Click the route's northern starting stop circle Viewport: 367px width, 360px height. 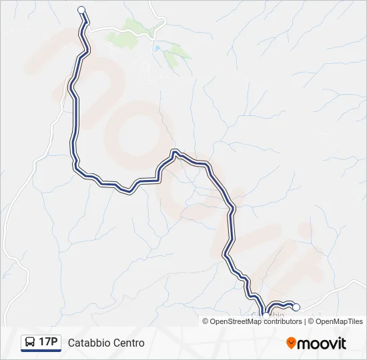[81, 9]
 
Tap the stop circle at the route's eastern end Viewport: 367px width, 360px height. [296, 307]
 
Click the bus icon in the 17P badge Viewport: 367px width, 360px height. [30, 343]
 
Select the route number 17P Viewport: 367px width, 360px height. [48, 343]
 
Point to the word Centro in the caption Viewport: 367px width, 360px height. [128, 343]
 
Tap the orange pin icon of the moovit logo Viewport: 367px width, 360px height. [291, 343]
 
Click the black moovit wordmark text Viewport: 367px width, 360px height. [322, 343]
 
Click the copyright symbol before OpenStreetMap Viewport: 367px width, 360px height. [206, 321]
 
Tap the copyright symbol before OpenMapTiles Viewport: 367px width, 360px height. [311, 321]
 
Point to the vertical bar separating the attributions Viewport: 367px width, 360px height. [305, 321]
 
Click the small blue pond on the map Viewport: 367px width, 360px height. [156, 49]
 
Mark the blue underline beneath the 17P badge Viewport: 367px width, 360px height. [41, 351]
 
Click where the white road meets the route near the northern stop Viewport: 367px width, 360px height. [88, 27]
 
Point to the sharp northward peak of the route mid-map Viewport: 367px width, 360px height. [174, 151]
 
